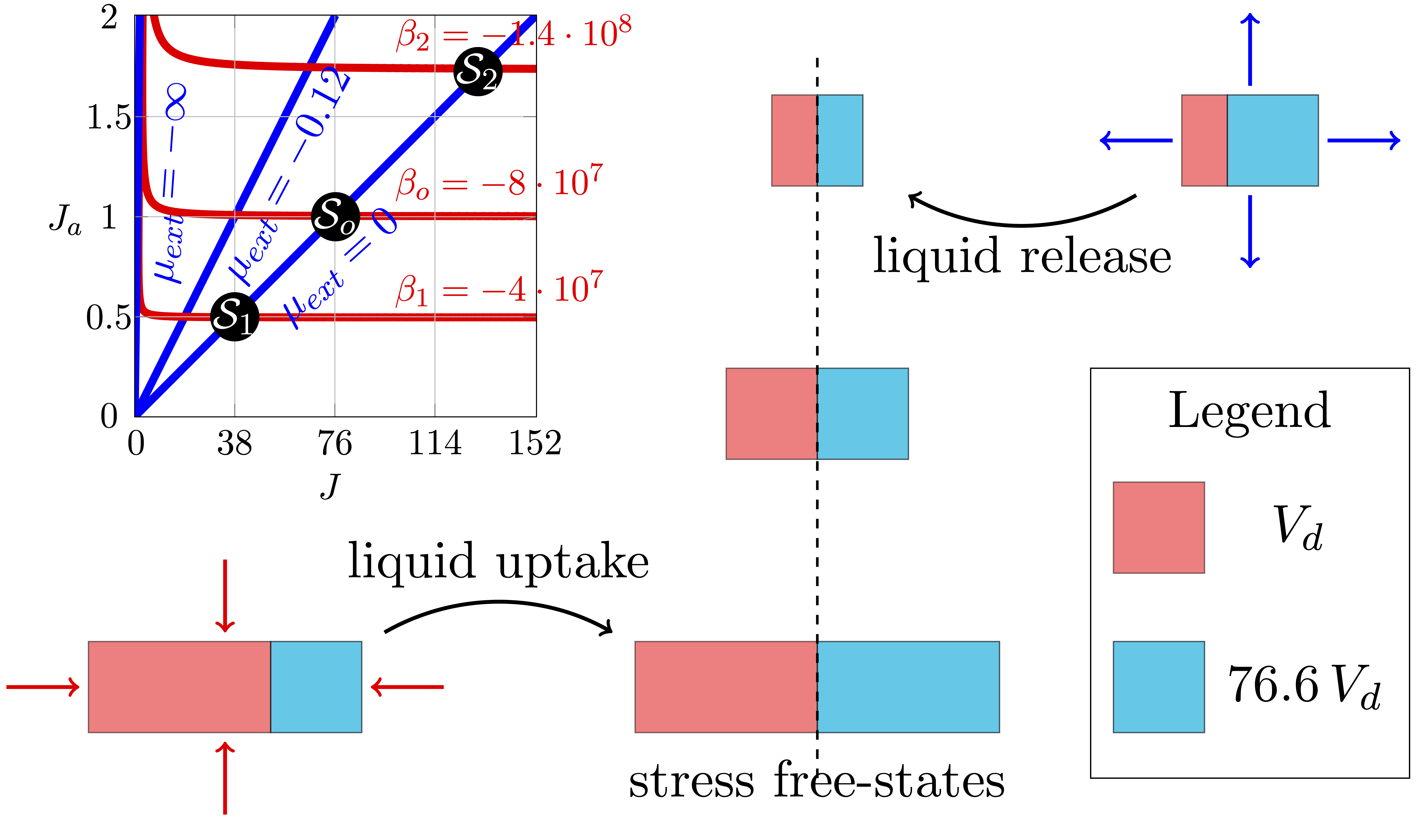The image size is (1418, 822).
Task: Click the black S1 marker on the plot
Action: [x=235, y=317]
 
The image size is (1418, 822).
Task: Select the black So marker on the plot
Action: [x=335, y=217]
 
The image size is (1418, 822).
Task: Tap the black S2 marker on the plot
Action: [x=478, y=71]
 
